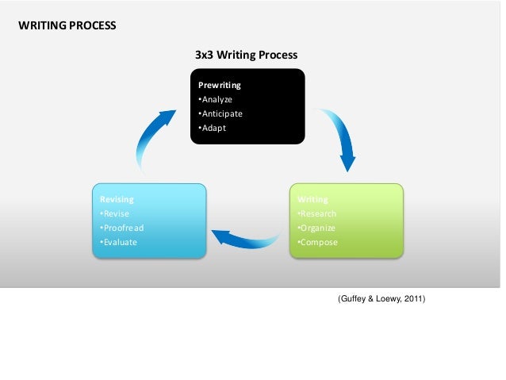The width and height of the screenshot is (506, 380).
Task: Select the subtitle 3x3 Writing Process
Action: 246,55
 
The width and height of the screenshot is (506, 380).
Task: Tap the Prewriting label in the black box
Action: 219,84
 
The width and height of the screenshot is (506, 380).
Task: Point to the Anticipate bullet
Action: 220,113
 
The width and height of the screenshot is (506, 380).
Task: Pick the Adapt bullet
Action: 212,128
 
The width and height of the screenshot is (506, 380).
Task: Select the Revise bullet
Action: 114,213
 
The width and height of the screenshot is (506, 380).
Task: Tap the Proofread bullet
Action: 121,228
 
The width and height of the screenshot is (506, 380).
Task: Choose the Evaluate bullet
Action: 118,242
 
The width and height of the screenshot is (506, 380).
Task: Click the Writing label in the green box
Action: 312,199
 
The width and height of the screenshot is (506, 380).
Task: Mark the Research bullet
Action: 316,213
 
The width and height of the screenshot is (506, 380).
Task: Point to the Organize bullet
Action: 316,228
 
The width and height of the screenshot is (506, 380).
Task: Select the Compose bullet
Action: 316,242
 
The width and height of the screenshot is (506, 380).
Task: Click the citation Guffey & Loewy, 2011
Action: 381,299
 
